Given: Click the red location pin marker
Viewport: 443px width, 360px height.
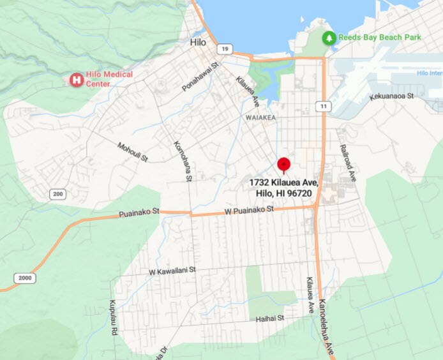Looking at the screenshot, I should (x=284, y=165).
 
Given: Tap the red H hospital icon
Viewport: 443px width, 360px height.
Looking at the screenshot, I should (x=77, y=80).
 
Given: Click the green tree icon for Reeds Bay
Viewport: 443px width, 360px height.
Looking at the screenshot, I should (x=329, y=38).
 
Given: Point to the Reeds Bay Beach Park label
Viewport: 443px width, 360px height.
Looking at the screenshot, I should (x=380, y=38).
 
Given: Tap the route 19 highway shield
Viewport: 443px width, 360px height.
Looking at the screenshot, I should (x=223, y=49).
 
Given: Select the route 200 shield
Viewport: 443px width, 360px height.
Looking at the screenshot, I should (x=58, y=194).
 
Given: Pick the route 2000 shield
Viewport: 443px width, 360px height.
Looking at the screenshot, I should (x=25, y=278).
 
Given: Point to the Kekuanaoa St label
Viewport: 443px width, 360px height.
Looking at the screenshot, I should (x=392, y=96).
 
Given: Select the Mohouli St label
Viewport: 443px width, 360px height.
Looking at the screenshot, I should (x=133, y=151).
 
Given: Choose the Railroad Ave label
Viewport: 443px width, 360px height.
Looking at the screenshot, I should (x=349, y=163).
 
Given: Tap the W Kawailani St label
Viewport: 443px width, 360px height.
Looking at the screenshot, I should (x=172, y=271).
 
